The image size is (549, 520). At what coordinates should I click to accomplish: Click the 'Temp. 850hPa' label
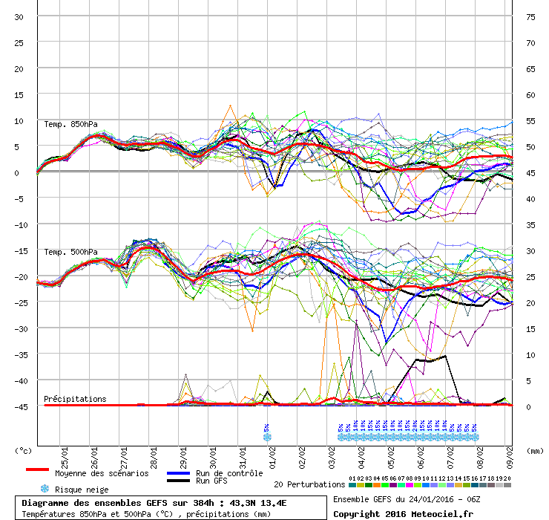pyautogui.click(x=70, y=124)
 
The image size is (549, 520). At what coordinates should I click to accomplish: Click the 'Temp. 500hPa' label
pyautogui.click(x=70, y=252)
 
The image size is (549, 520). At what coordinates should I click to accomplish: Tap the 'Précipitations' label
pyautogui.click(x=75, y=399)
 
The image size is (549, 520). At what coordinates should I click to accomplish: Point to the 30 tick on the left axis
pyautogui.click(x=19, y=16)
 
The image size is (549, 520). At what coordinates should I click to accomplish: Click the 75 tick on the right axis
pyautogui.click(x=530, y=16)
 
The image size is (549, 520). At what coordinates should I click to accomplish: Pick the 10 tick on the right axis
pyautogui.click(x=530, y=354)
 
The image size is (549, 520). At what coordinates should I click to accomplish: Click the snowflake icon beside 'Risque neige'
pyautogui.click(x=45, y=489)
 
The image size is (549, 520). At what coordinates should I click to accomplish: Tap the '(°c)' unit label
pyautogui.click(x=24, y=450)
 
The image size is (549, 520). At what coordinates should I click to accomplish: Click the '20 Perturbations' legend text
pyautogui.click(x=309, y=484)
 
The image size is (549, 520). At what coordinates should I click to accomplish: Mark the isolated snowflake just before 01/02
pyautogui.click(x=267, y=437)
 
